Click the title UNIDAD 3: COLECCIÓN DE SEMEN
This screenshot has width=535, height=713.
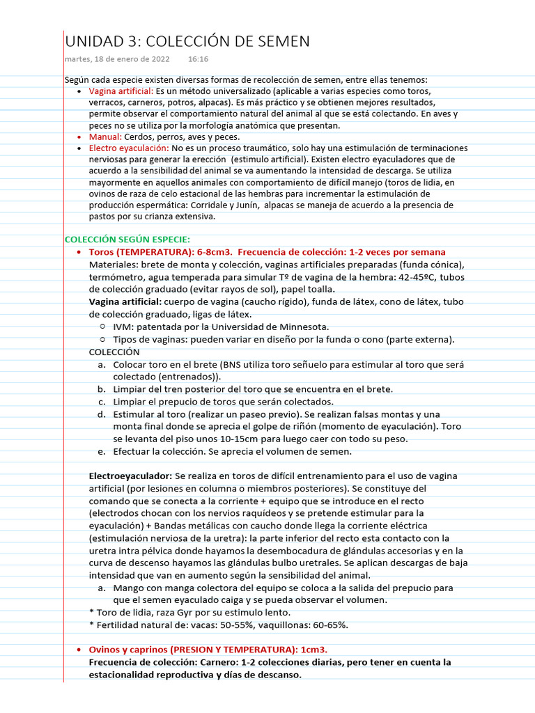(x=187, y=42)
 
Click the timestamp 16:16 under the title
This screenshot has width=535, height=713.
(x=198, y=60)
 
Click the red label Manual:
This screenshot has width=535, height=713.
(x=105, y=137)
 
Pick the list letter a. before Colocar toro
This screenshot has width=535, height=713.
(x=102, y=364)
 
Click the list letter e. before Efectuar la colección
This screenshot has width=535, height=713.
(x=102, y=451)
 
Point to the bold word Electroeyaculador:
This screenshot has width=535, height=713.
(x=130, y=476)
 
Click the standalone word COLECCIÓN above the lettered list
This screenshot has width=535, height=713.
(x=114, y=352)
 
